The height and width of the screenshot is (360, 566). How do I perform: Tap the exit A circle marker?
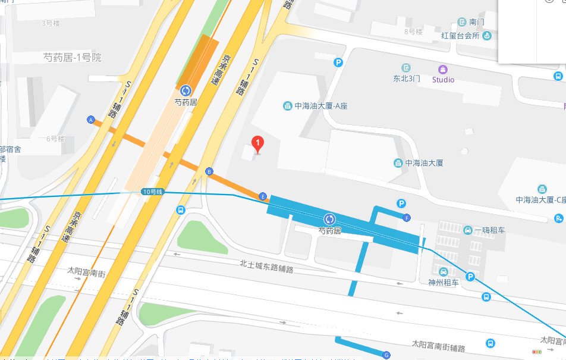click(x=91, y=120)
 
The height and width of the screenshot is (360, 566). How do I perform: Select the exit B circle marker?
click(x=209, y=171)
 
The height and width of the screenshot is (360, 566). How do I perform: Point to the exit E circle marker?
click(x=263, y=196)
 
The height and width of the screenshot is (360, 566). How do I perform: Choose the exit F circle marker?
click(x=406, y=217)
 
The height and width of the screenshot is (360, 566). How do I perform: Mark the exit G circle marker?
click(x=386, y=355)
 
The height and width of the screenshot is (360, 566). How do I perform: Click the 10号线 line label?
click(x=152, y=191)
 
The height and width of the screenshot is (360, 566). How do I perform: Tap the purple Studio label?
click(x=443, y=80)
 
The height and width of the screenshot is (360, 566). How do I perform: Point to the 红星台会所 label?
click(x=460, y=36)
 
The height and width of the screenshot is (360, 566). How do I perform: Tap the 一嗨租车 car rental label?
click(x=489, y=230)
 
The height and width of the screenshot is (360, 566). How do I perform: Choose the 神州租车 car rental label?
click(x=444, y=283)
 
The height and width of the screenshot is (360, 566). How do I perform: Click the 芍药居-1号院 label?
click(x=73, y=58)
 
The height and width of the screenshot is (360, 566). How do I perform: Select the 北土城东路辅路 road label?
click(x=267, y=266)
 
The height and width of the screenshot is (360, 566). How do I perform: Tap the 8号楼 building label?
click(x=413, y=31)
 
